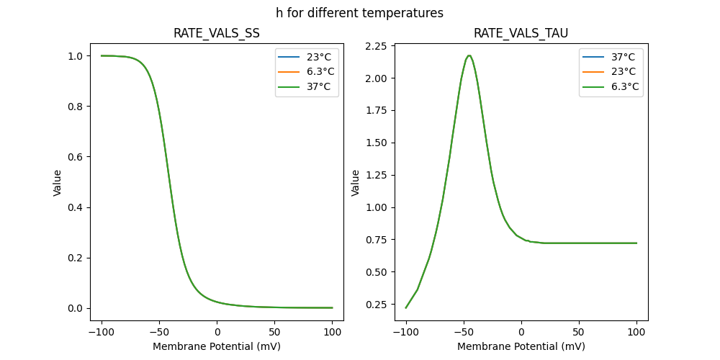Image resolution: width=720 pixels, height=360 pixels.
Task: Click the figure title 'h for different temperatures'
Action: pyautogui.click(x=359, y=13)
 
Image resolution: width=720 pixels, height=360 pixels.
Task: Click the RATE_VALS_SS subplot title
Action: pyautogui.click(x=217, y=33)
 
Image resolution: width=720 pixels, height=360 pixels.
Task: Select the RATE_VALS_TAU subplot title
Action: pyautogui.click(x=521, y=33)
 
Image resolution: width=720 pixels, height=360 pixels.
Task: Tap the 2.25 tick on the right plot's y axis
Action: pyautogui.click(x=379, y=46)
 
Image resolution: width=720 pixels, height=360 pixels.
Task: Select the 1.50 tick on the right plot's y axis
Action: pyautogui.click(x=379, y=143)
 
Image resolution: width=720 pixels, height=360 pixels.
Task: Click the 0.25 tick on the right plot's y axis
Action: pyautogui.click(x=379, y=305)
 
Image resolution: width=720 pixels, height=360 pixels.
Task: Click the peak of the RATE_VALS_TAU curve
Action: pyautogui.click(x=469, y=55)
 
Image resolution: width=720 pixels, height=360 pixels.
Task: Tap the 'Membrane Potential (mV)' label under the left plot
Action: pyautogui.click(x=217, y=346)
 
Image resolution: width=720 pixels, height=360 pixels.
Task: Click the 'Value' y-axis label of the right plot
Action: pyautogui.click(x=355, y=183)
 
